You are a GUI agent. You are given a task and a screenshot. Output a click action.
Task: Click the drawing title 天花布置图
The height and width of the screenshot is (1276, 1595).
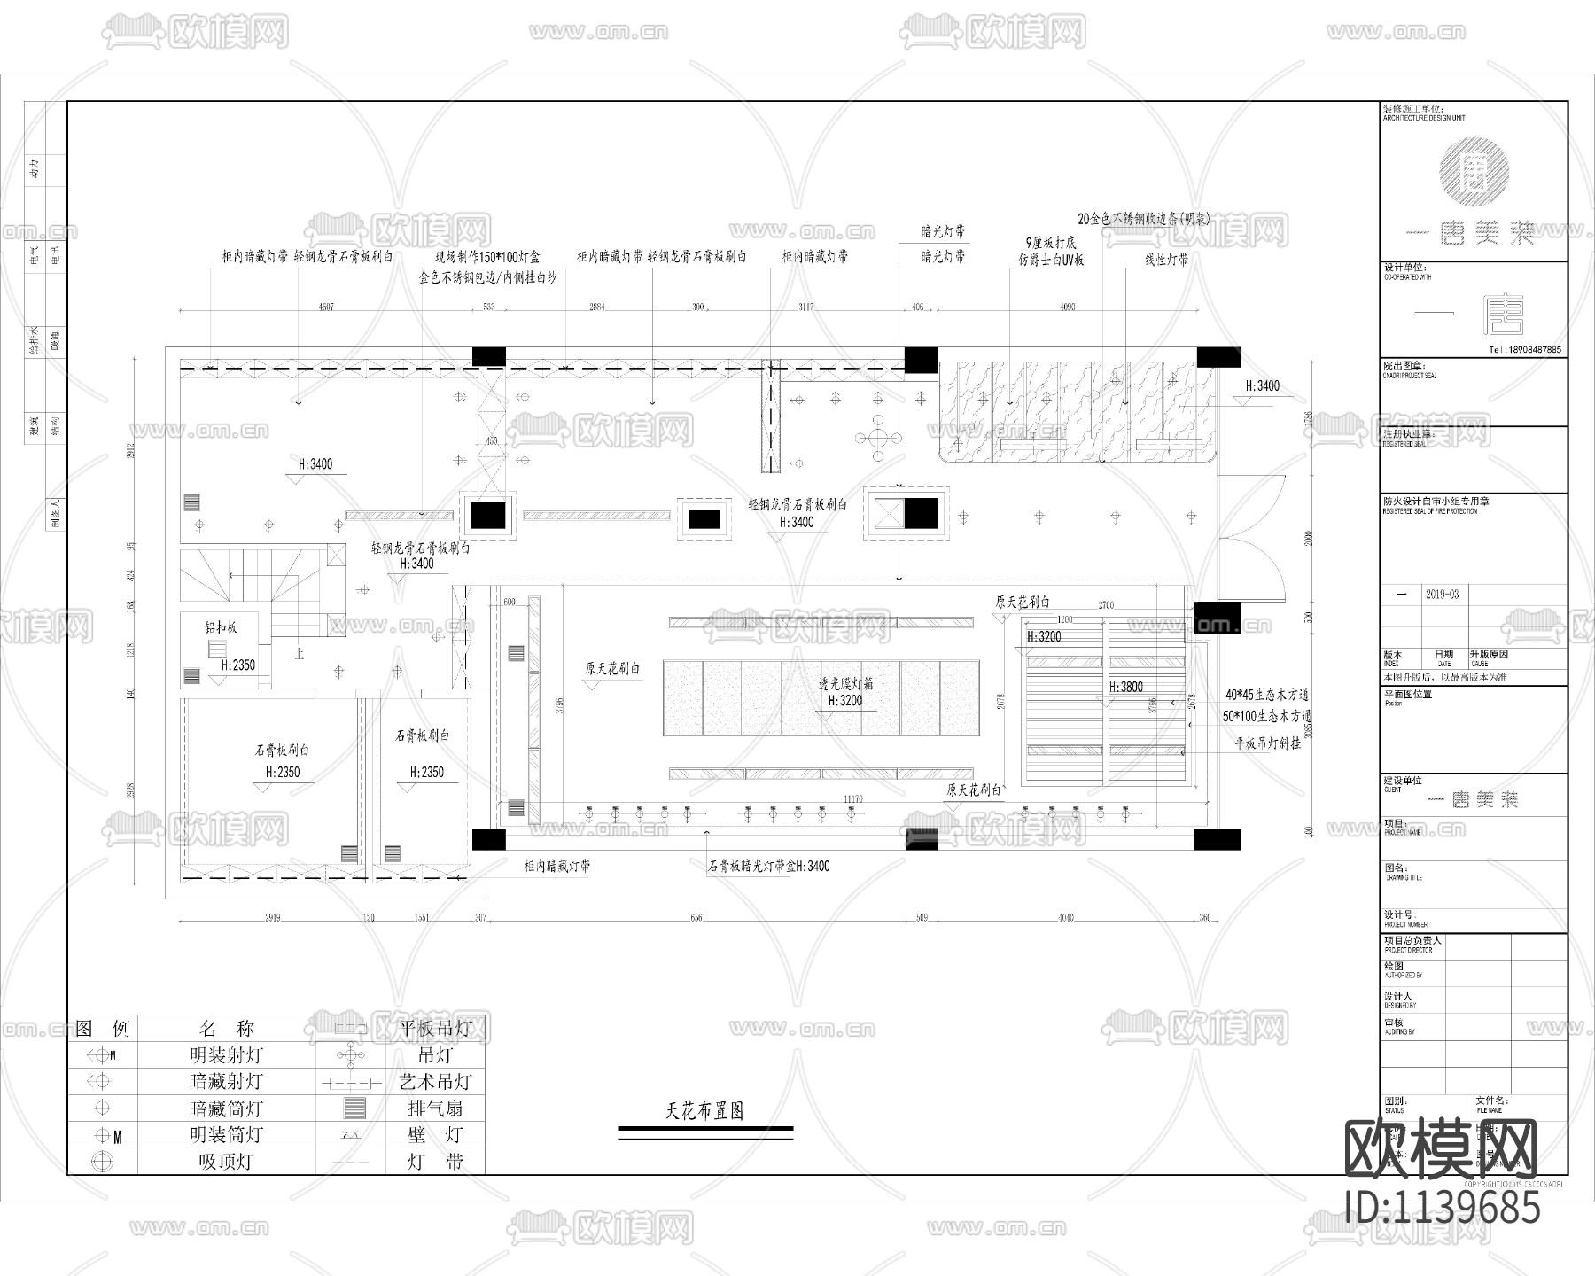[704, 1110]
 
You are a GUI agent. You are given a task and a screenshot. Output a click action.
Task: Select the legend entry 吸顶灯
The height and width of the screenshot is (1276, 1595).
[226, 1162]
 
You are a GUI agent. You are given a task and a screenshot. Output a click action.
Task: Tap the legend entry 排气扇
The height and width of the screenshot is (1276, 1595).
[435, 1109]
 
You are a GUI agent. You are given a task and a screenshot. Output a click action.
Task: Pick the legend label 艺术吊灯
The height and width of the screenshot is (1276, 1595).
[435, 1082]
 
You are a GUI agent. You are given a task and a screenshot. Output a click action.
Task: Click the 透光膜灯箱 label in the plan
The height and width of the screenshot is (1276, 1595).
[845, 684]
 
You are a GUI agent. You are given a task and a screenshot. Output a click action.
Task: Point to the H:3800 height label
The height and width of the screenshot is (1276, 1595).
[1125, 687]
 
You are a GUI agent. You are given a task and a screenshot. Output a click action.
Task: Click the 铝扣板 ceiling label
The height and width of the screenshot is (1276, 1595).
[221, 627]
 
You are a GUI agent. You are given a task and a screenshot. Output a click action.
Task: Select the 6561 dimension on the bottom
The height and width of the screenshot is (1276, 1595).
[697, 918]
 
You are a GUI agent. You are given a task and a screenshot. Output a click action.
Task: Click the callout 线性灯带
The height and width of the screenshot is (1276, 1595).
[1166, 261]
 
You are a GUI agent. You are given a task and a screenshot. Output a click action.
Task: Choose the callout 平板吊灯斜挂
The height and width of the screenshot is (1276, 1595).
[1268, 743]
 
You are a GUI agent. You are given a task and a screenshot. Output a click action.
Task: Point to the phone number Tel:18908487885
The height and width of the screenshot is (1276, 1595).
[1524, 350]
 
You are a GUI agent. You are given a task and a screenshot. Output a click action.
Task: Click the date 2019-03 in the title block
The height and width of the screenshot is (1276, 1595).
[1442, 595]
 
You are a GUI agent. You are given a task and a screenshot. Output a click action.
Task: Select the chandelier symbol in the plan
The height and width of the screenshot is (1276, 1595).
[877, 437]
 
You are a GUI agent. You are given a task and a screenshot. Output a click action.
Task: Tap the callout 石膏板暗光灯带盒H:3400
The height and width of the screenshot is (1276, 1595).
[768, 866]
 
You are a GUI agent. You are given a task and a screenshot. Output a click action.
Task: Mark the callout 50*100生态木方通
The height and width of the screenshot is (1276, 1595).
[1266, 716]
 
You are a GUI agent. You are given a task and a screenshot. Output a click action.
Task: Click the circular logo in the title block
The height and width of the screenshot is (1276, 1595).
[1474, 168]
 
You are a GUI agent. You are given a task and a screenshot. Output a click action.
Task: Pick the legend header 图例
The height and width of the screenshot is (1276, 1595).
[103, 1029]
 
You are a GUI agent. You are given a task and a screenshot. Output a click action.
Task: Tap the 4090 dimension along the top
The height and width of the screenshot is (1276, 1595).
[1067, 307]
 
